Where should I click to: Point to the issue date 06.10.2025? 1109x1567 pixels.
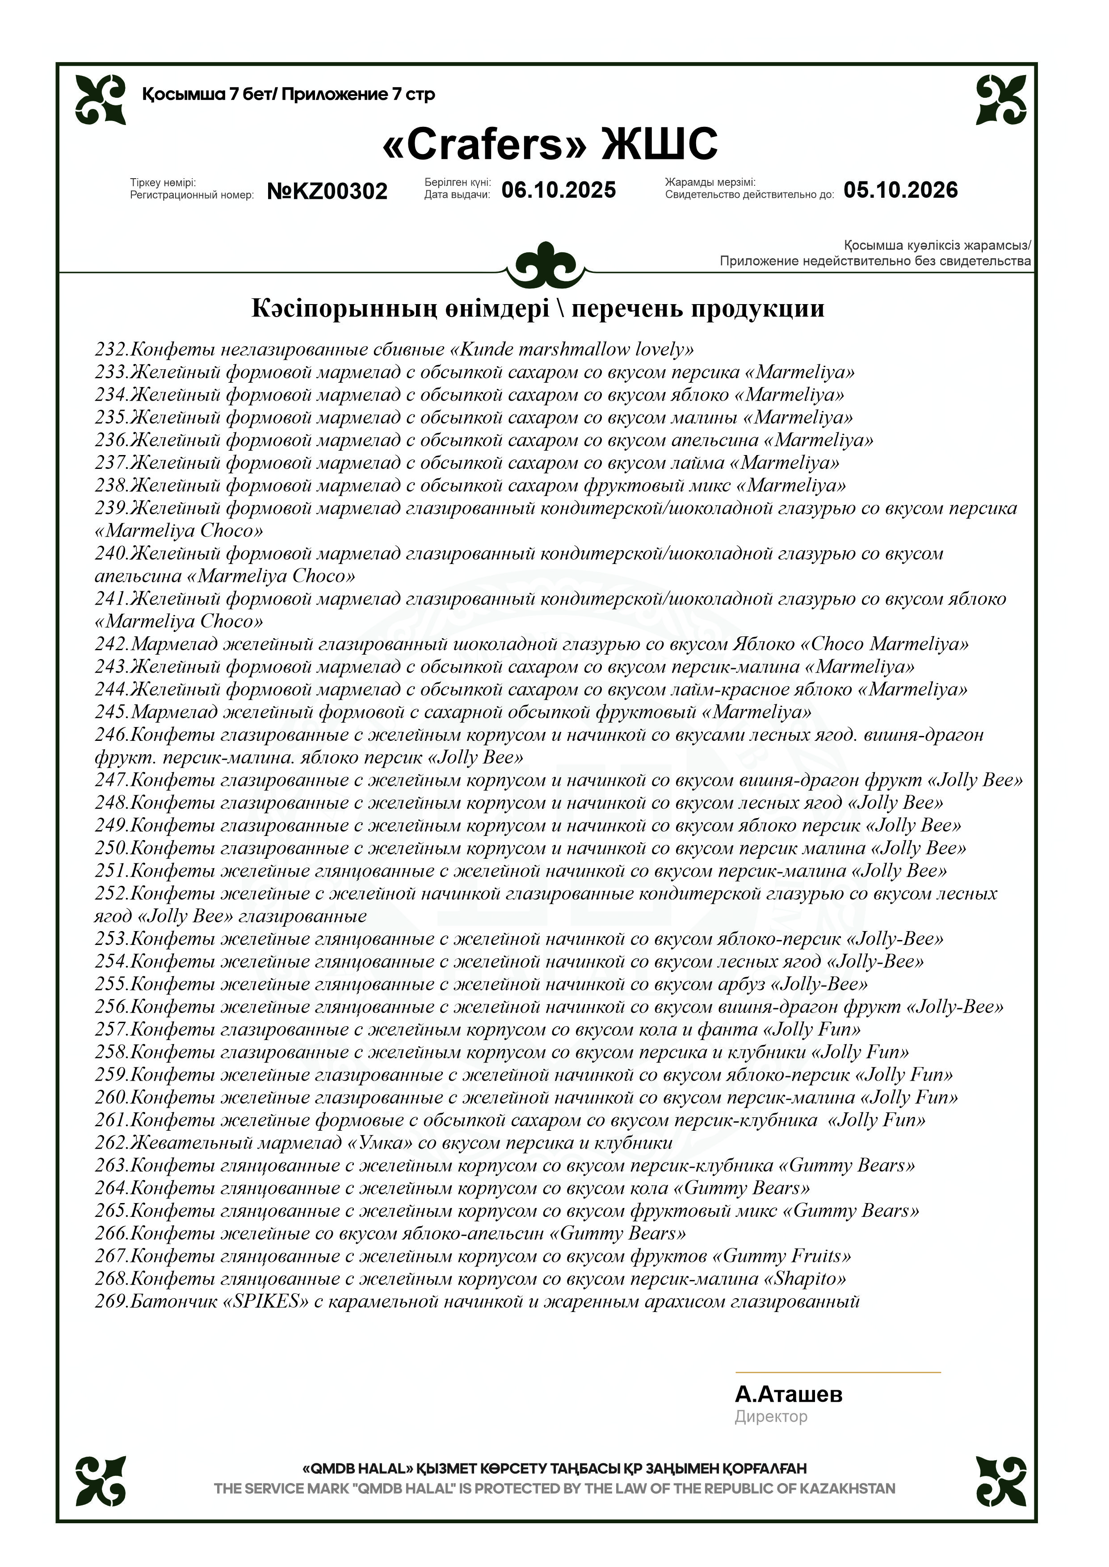point(559,190)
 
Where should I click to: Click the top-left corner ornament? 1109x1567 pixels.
point(101,100)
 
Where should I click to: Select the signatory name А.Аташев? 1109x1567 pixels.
point(788,1394)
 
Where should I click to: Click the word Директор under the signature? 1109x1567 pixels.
point(770,1417)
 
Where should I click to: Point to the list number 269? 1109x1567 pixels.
point(111,1301)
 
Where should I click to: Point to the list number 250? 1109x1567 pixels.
point(111,848)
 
